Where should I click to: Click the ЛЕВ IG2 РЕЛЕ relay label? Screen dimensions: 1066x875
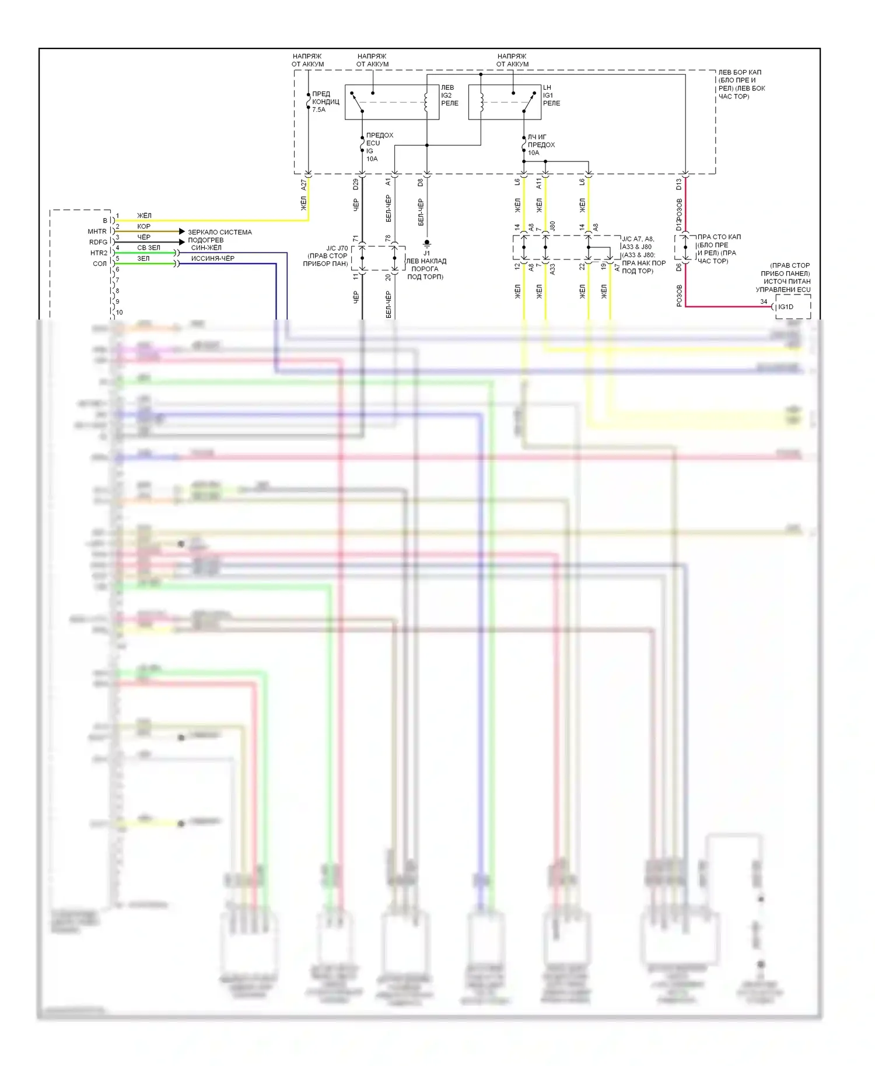[449, 95]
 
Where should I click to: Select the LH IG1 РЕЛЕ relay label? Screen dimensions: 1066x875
[551, 95]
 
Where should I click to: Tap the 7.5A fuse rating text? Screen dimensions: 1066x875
[318, 110]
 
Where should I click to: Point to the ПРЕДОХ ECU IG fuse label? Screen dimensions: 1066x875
[379, 143]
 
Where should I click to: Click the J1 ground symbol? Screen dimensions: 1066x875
[427, 243]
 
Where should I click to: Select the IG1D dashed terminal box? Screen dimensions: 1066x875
[793, 307]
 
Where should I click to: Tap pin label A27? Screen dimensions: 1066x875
[303, 185]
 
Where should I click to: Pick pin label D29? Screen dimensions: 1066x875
[356, 184]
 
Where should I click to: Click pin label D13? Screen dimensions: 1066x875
[679, 184]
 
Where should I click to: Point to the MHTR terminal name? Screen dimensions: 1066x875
[97, 232]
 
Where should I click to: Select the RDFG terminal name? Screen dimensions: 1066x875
[98, 242]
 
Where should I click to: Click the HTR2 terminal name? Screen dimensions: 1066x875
[99, 253]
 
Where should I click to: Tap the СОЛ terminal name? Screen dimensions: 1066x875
[100, 264]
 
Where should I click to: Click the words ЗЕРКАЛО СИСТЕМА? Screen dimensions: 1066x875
[219, 232]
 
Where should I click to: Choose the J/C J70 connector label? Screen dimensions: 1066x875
[337, 248]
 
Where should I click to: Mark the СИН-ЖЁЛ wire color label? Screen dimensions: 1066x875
[206, 248]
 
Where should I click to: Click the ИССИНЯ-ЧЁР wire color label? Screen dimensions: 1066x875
[212, 258]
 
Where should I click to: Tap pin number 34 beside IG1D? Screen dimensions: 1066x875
[764, 301]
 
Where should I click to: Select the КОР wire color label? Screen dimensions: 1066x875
[143, 226]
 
